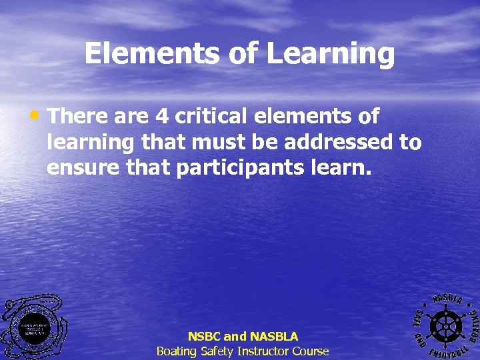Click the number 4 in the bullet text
[161, 117]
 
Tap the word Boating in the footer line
[177, 351]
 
